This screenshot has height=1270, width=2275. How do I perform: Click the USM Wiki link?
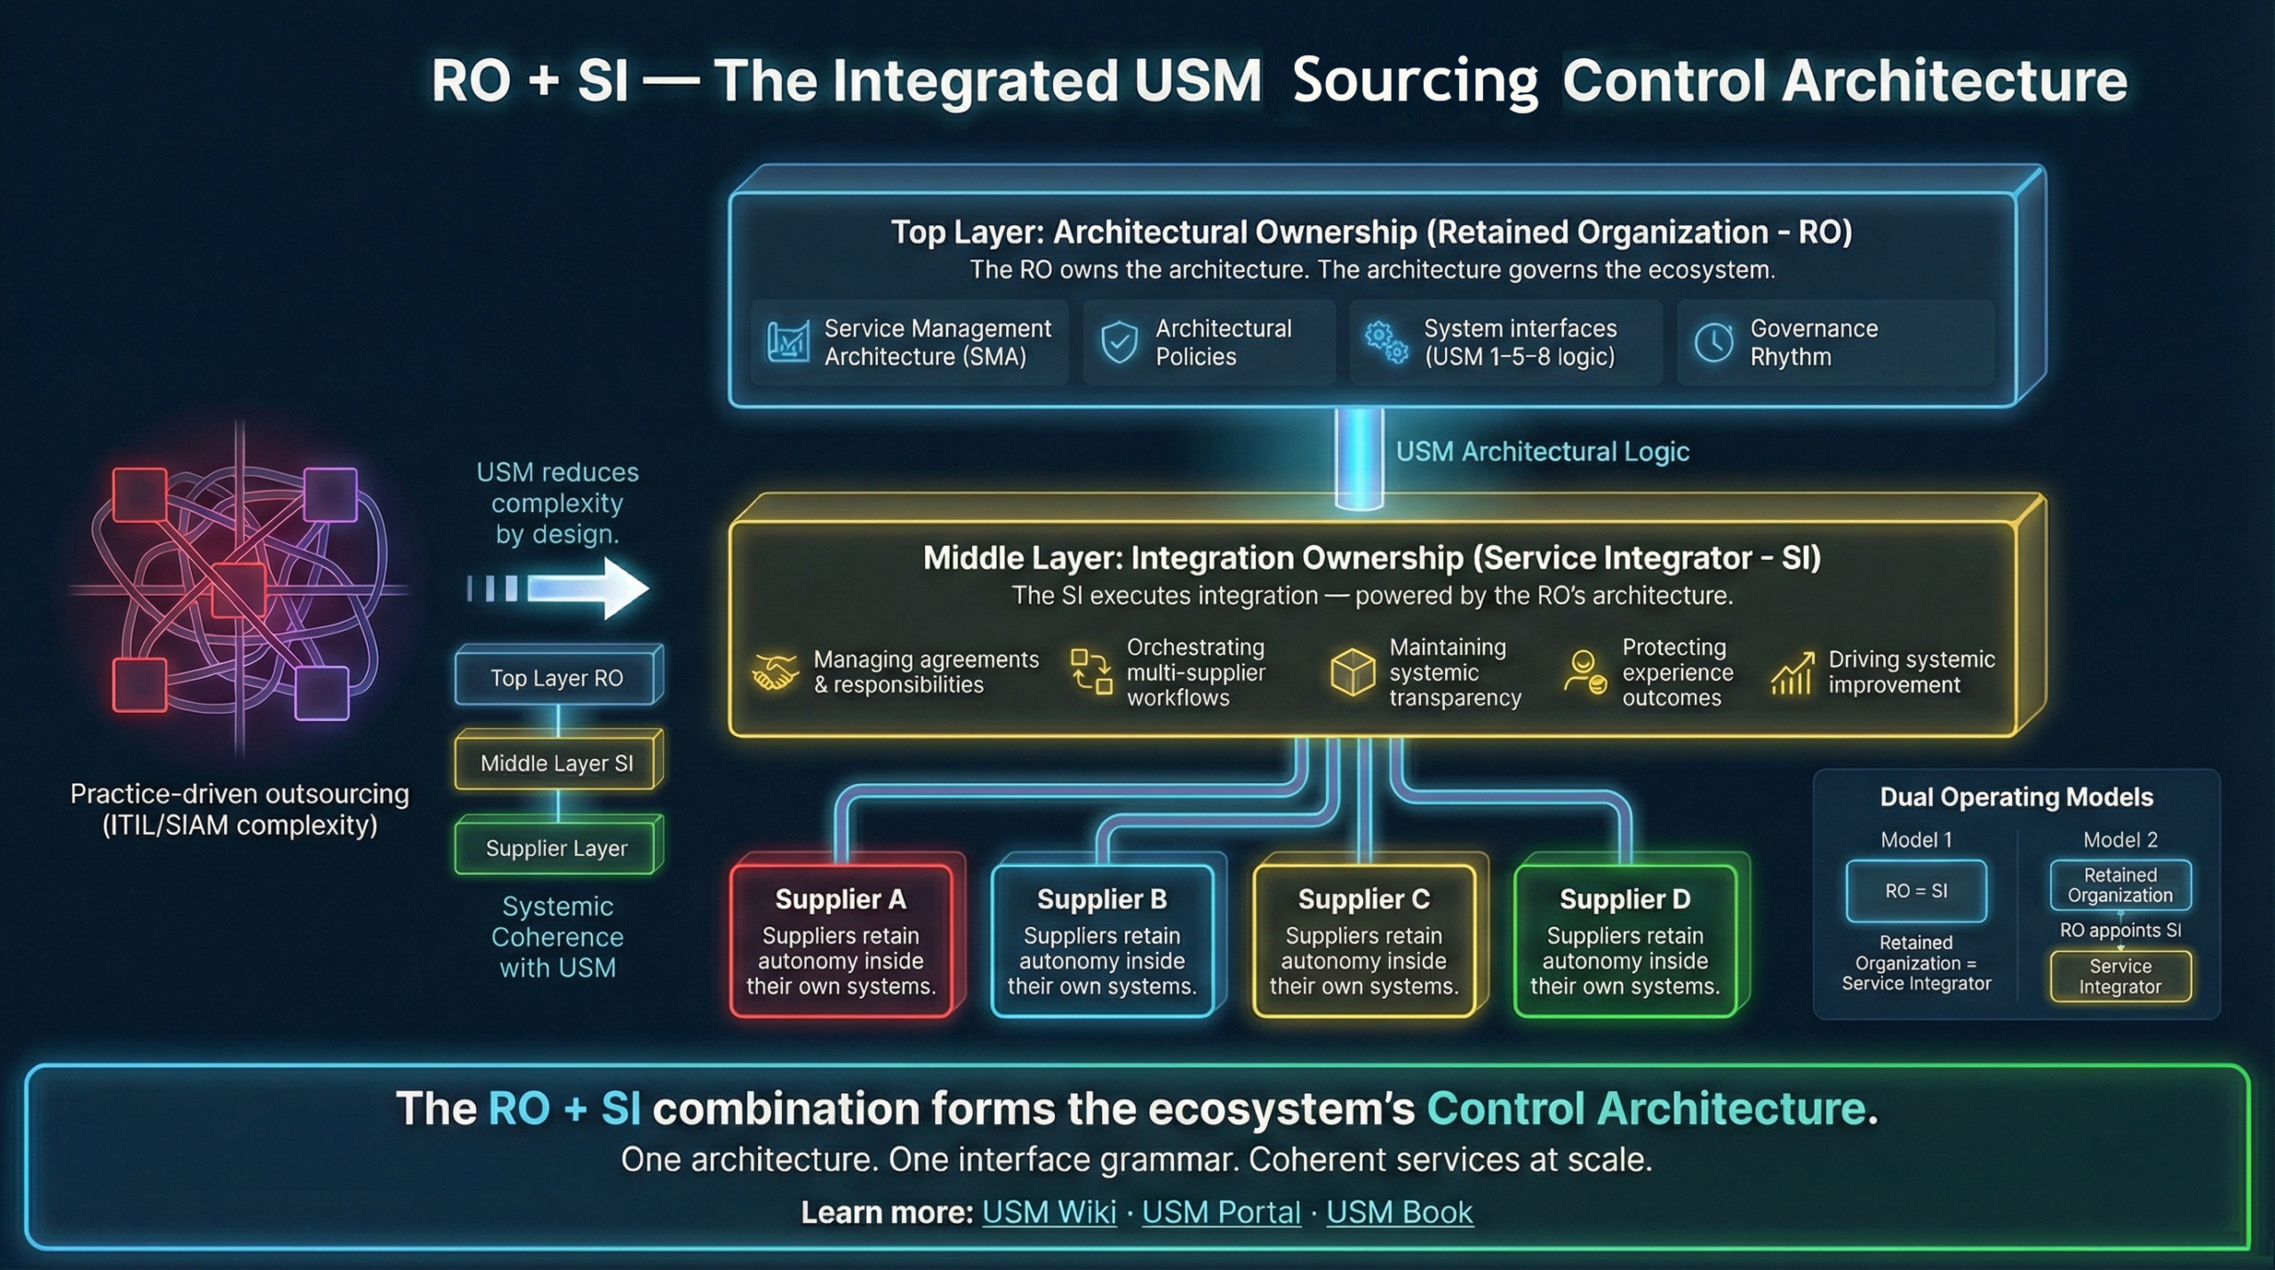pos(1049,1212)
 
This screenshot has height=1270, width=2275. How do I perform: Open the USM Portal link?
pos(1221,1212)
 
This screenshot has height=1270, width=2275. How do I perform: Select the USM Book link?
pos(1400,1212)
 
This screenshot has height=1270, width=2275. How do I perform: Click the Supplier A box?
pos(841,940)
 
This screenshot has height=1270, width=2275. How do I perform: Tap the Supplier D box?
pos(1624,940)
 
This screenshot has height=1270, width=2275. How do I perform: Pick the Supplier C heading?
pos(1364,899)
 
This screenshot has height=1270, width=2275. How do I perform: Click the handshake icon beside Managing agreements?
pos(774,672)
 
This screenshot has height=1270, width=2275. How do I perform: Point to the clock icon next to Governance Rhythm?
pos(1713,343)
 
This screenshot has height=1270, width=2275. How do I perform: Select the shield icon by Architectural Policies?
pos(1119,343)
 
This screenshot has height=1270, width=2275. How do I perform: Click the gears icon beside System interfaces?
pos(1386,343)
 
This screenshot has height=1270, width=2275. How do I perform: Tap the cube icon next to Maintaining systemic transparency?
pos(1353,672)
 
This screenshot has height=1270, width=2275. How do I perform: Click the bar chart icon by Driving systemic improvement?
pos(1792,674)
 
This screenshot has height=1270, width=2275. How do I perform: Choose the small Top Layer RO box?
pos(557,678)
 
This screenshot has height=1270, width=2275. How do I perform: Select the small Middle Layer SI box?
pos(557,763)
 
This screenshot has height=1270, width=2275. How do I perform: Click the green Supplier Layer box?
pos(557,848)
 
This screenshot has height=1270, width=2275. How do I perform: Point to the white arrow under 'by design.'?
pos(587,588)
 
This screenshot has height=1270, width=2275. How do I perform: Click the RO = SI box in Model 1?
pos(1916,891)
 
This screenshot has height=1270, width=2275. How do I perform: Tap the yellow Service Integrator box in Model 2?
pos(2120,976)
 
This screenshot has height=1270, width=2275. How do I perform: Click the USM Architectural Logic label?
pos(1542,451)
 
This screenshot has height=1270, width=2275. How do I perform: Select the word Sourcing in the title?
pos(1415,82)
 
